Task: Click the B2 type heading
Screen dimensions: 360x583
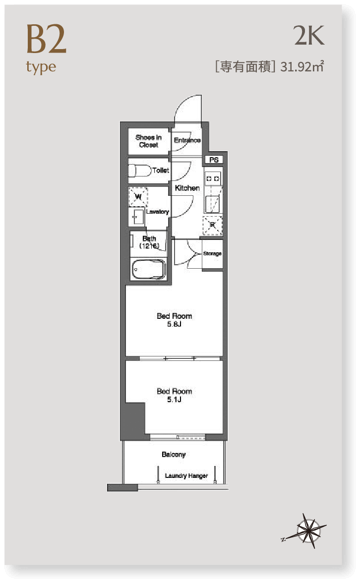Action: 46,49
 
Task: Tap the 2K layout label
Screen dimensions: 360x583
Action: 309,36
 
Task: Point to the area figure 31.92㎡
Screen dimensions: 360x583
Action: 302,66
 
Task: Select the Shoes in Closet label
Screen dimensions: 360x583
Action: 148,141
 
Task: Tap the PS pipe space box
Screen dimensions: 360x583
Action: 214,160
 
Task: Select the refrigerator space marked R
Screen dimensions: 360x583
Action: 212,225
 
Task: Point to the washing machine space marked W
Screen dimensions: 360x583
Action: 138,197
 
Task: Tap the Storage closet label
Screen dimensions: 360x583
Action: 212,254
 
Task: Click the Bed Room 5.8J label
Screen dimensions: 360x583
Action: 175,320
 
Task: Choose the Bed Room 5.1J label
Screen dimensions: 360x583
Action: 175,395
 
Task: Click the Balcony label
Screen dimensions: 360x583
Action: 174,454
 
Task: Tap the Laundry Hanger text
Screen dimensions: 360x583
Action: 186,475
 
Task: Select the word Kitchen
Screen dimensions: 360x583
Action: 187,188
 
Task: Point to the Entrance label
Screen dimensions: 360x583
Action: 187,140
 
